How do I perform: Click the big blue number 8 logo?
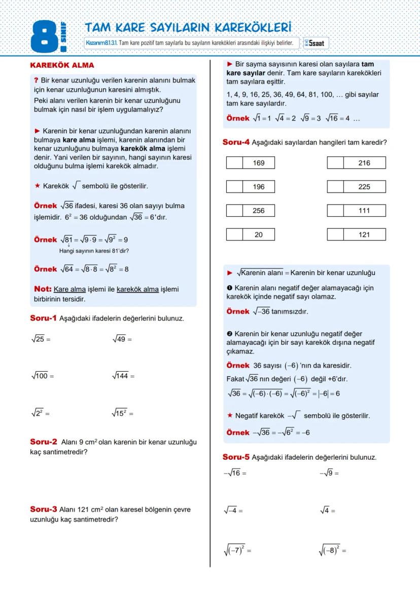(x=45, y=36)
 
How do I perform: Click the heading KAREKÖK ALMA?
(x=62, y=65)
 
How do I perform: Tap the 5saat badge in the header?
(x=314, y=44)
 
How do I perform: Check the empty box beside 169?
(x=234, y=163)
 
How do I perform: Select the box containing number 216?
(x=364, y=163)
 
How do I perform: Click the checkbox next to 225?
(x=335, y=187)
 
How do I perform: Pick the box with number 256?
(x=259, y=211)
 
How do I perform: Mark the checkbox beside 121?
(x=335, y=234)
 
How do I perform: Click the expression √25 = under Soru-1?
(x=41, y=339)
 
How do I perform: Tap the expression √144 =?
(x=122, y=376)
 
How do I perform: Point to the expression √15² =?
(x=122, y=413)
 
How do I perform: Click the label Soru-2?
(x=44, y=442)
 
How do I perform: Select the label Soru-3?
(x=44, y=509)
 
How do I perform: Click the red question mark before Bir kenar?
(x=36, y=81)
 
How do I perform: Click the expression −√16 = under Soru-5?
(x=235, y=473)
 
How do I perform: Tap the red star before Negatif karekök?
(x=230, y=416)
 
